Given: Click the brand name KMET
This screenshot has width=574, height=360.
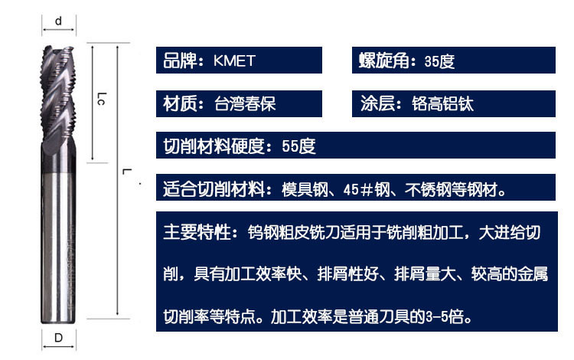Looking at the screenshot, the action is coord(234,61).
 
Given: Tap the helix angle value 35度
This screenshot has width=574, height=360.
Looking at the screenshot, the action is coord(439,61).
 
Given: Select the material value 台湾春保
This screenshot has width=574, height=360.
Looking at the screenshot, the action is coord(245,104).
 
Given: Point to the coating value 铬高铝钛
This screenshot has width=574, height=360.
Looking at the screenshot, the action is coord(442,104).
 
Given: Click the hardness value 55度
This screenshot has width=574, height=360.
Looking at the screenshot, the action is coord(298,146).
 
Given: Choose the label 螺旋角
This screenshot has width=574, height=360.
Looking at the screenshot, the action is coord(384,61).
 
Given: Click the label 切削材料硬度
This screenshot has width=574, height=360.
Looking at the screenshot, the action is coord(214,146).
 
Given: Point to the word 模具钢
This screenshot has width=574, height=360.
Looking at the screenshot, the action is coord(305,190).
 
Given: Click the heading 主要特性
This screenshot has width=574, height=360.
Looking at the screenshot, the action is coord(197,232).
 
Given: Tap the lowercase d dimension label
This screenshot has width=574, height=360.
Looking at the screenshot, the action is coord(58,21).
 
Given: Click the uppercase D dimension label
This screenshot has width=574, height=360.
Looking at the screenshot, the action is coord(59,338).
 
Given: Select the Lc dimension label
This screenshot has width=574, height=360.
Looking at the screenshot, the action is coord(102,99).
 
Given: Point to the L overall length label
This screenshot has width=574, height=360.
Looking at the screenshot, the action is coord(126,171).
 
